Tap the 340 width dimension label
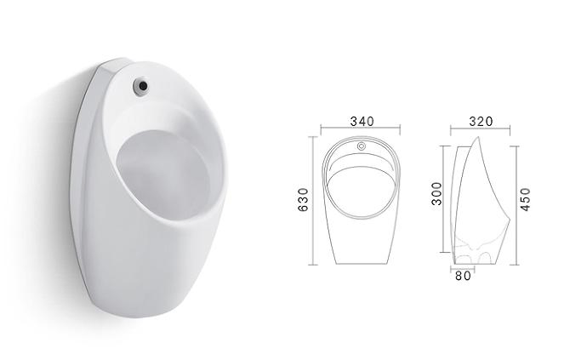point(362,121)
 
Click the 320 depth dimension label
point(481,121)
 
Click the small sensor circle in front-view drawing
point(362,146)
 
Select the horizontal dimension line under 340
point(362,130)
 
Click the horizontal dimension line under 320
point(481,130)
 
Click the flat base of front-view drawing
point(362,263)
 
